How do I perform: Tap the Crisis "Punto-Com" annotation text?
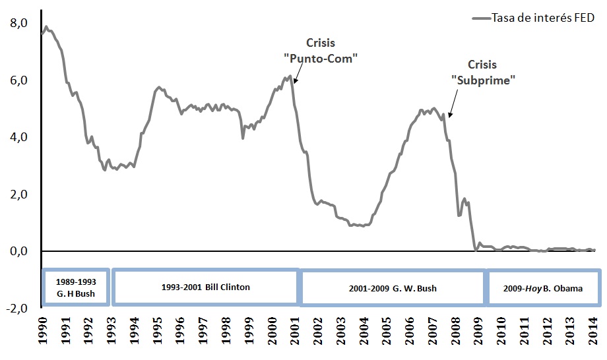320,50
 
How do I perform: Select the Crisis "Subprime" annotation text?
482,72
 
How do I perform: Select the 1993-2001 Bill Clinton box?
205,287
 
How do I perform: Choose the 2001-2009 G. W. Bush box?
393,288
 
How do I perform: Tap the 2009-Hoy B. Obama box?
544,288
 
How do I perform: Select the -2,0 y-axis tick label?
16,308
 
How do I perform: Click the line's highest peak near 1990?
46,27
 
